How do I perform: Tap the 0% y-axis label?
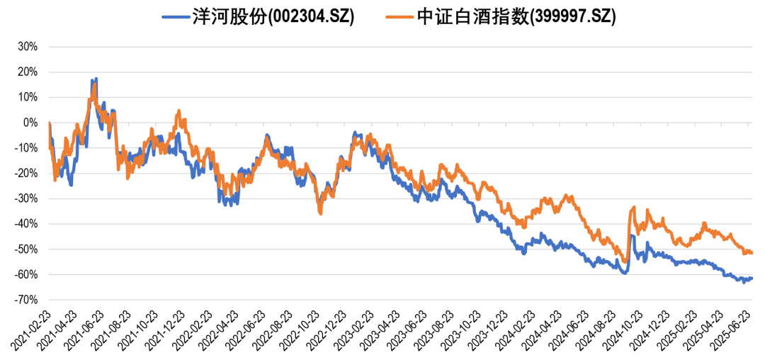[30, 123]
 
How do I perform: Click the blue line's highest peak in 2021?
[96, 79]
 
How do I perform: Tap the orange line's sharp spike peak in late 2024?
[633, 207]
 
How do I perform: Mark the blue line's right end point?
[752, 278]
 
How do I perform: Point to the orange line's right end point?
[752, 252]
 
